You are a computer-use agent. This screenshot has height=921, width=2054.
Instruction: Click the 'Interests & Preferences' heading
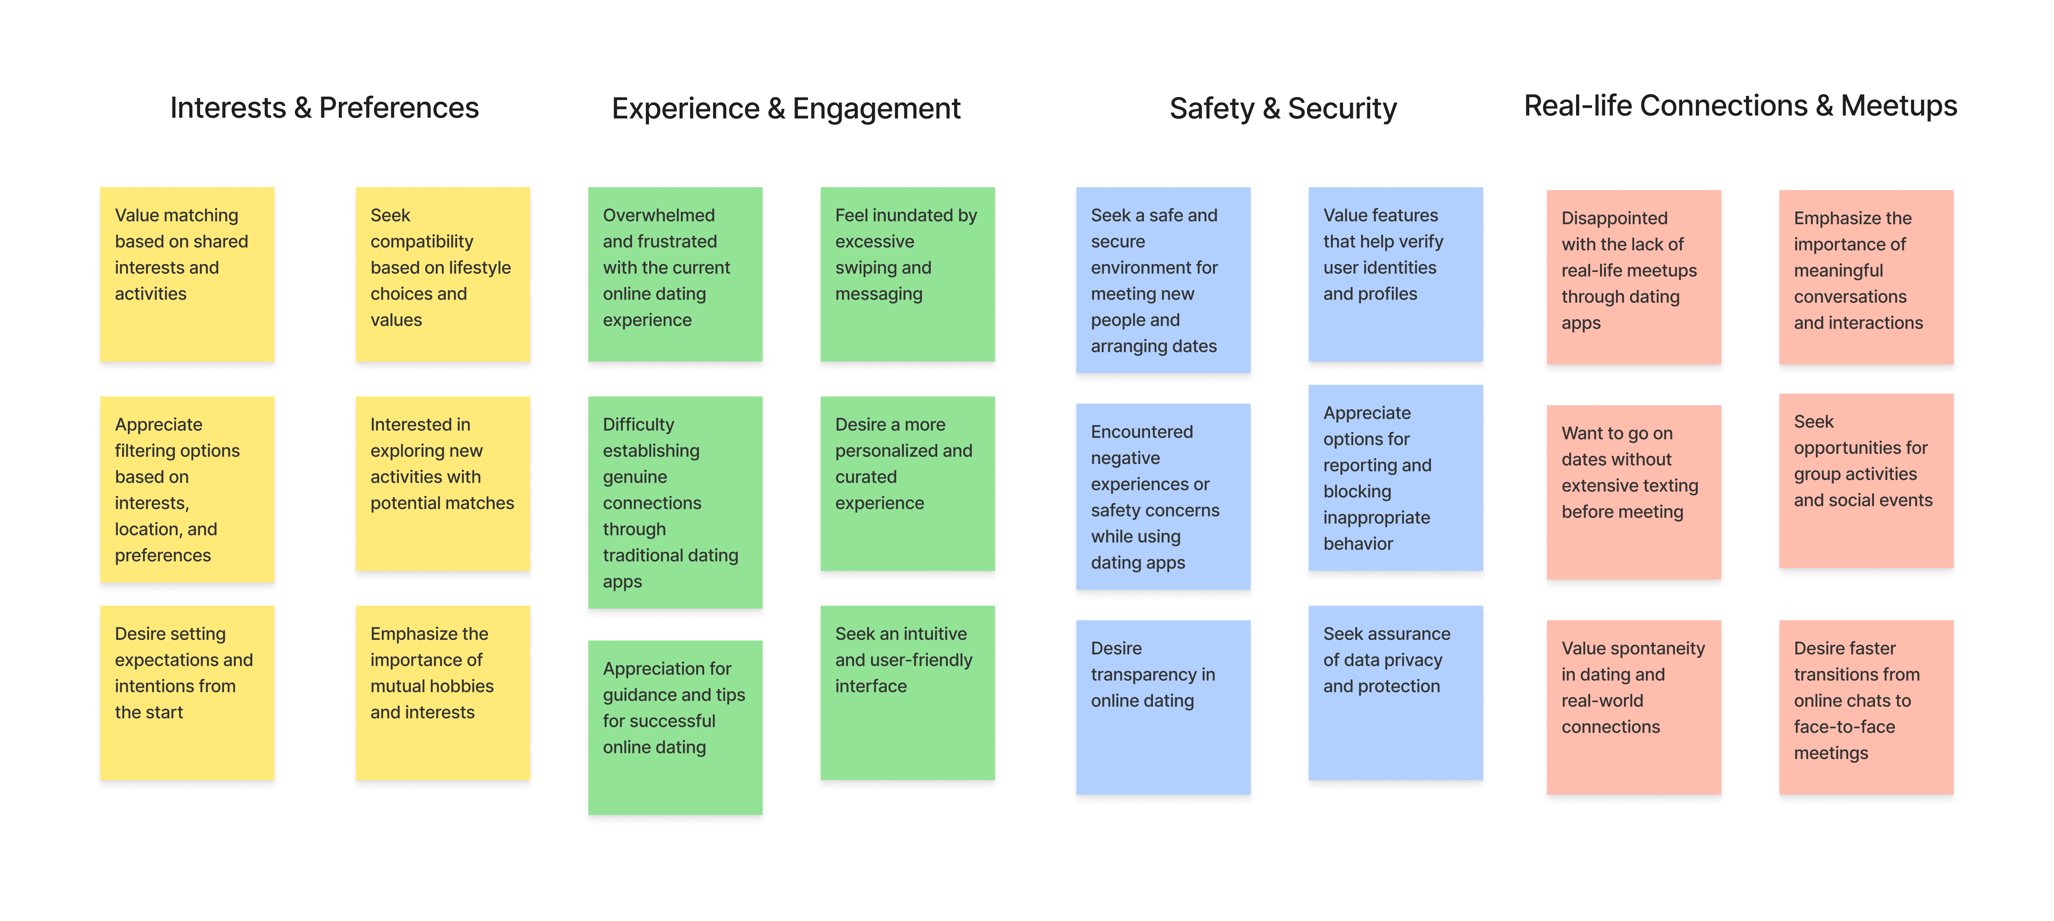pyautogui.click(x=325, y=108)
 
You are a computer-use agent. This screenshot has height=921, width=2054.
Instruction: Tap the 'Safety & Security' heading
pyautogui.click(x=1283, y=108)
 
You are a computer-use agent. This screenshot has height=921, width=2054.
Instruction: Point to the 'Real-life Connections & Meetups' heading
pyautogui.click(x=1740, y=106)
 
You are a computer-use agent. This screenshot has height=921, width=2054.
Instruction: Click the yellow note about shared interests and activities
pyautogui.click(x=187, y=274)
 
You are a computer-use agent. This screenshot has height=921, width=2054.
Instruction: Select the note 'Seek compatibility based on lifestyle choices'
pyautogui.click(x=443, y=274)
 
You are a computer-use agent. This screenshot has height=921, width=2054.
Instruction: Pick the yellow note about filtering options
pyautogui.click(x=187, y=489)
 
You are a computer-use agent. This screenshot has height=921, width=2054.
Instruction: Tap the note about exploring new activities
pyautogui.click(x=443, y=483)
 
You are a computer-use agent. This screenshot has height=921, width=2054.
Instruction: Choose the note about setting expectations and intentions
pyautogui.click(x=187, y=692)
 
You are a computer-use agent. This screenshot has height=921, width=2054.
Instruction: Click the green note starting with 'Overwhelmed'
pyautogui.click(x=675, y=274)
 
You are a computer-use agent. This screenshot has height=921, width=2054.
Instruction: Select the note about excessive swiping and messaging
pyautogui.click(x=908, y=274)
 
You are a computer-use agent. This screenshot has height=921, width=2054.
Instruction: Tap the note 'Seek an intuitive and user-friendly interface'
pyautogui.click(x=908, y=692)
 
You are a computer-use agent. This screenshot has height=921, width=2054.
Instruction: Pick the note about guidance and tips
pyautogui.click(x=675, y=727)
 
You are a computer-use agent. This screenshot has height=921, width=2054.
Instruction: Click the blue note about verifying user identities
pyautogui.click(x=1395, y=274)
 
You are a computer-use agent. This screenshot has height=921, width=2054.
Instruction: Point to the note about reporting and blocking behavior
pyautogui.click(x=1395, y=478)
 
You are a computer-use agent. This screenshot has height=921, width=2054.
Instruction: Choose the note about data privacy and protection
pyautogui.click(x=1395, y=692)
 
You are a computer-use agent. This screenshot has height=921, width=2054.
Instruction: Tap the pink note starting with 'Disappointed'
pyautogui.click(x=1634, y=277)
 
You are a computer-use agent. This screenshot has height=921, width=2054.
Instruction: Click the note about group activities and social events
pyautogui.click(x=1866, y=480)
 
